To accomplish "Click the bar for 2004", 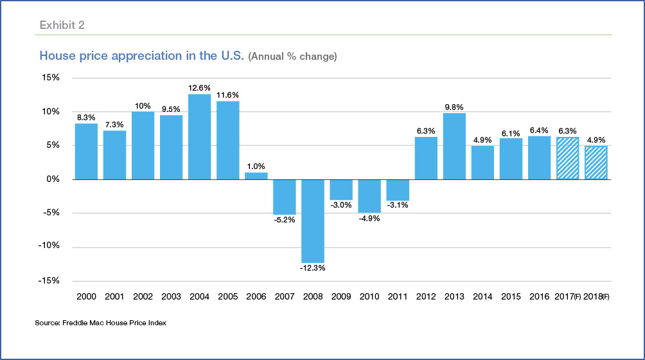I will click(199, 136).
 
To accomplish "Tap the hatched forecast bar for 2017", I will click(568, 158).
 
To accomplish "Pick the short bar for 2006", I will click(256, 175).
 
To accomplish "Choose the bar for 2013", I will click(454, 146).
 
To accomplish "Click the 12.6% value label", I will click(199, 88).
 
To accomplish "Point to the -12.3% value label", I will click(313, 267).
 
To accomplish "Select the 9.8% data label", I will click(454, 107).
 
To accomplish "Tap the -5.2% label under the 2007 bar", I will click(285, 221).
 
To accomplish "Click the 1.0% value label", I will click(256, 166).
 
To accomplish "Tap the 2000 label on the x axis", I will click(86, 296).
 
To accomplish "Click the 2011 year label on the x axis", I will click(398, 296).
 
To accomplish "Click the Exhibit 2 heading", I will click(62, 25).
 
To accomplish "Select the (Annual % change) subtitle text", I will click(293, 57).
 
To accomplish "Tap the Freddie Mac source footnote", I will click(100, 323).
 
